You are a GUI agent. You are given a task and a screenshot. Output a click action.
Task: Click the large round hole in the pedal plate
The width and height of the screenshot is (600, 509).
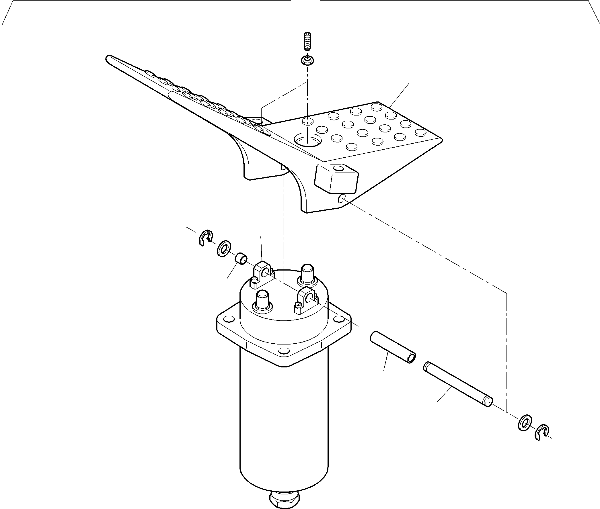[307, 141]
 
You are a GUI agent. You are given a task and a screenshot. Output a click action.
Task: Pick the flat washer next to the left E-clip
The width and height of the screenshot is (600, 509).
[223, 248]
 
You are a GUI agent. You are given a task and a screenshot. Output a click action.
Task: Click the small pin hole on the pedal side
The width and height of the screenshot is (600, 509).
[342, 198]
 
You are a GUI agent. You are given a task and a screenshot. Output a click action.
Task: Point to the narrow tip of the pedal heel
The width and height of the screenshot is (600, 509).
[109, 57]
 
